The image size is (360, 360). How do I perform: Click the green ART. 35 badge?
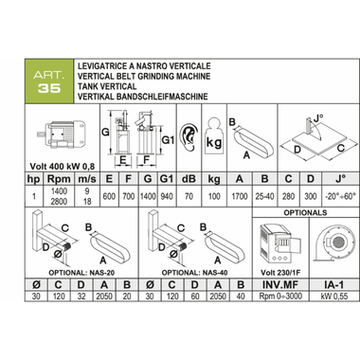coord(49,81)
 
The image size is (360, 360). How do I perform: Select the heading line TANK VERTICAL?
coord(107,86)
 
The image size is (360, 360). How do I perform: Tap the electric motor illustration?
coord(62,134)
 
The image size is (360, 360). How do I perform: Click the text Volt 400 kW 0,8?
coord(63,167)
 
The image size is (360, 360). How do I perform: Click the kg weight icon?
coord(214,136)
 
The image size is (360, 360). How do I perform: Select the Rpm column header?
coord(59,179)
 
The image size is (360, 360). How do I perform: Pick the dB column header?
coord(189,179)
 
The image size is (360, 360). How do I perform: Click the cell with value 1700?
coord(240,196)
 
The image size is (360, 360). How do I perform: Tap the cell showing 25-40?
coord(264,196)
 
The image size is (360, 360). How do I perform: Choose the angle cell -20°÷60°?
coord(340,196)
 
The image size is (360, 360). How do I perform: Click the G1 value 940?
coord(167,196)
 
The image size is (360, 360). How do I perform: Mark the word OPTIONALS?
coord(305,212)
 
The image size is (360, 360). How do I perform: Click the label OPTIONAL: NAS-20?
coord(81,273)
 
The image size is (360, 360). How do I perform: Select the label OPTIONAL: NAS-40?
coord(194,273)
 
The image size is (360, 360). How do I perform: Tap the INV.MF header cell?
coord(280,285)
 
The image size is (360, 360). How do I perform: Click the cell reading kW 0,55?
coord(333,297)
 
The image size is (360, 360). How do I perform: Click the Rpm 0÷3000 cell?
coord(280,297)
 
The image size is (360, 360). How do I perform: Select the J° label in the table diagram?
coord(318,119)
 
